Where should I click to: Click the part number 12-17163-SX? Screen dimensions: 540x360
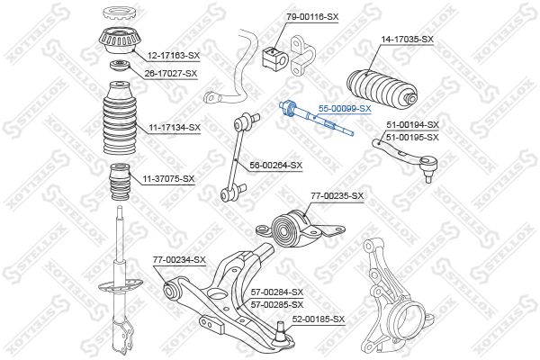pyautogui.click(x=174, y=55)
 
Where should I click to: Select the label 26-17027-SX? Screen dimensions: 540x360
pyautogui.click(x=171, y=74)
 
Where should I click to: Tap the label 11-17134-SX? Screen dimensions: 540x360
pyautogui.click(x=175, y=128)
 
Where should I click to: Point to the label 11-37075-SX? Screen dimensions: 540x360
pyautogui.click(x=169, y=179)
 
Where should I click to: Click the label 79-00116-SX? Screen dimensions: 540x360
pyautogui.click(x=312, y=17)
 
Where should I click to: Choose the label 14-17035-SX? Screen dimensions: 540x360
pyautogui.click(x=407, y=40)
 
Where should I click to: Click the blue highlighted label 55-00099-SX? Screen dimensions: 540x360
pyautogui.click(x=345, y=109)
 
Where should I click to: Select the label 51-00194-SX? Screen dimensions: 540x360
pyautogui.click(x=412, y=125)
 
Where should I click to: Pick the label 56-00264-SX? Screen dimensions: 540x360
pyautogui.click(x=276, y=166)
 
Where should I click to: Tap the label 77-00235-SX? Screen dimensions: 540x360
pyautogui.click(x=337, y=196)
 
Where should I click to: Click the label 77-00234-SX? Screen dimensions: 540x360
pyautogui.click(x=179, y=260)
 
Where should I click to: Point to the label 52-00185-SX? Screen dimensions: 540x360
pyautogui.click(x=319, y=319)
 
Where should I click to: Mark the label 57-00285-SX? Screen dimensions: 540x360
pyautogui.click(x=277, y=305)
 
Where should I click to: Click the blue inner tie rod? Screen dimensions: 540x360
pyautogui.click(x=316, y=119)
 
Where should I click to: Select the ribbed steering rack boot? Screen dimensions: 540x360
pyautogui.click(x=382, y=88)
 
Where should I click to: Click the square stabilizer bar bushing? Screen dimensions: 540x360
pyautogui.click(x=274, y=58)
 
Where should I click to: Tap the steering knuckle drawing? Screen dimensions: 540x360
pyautogui.click(x=396, y=297)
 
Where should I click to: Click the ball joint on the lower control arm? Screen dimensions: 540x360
pyautogui.click(x=281, y=334)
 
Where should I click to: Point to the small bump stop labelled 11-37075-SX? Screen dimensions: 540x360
pyautogui.click(x=120, y=182)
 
